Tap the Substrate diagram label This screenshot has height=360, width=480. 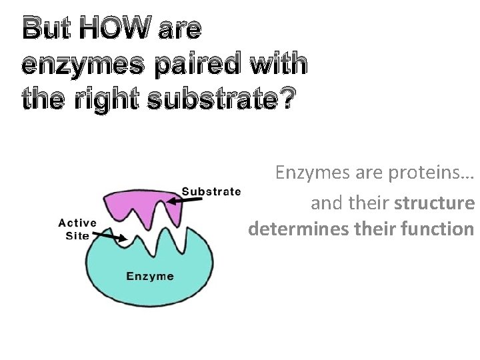(211, 191)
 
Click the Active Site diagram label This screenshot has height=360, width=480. (77, 229)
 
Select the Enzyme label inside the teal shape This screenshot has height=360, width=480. (151, 276)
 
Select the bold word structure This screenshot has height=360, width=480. (434, 203)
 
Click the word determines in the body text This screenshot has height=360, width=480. (289, 230)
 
